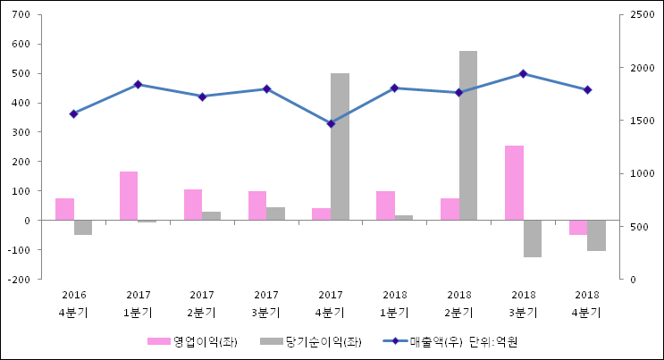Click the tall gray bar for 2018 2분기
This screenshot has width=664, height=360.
pos(468,136)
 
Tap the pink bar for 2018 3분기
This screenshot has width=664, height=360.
pos(514,183)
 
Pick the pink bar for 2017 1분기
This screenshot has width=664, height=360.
pos(129,196)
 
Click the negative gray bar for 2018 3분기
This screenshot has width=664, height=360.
pos(533,239)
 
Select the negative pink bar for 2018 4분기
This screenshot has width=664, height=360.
pos(578,227)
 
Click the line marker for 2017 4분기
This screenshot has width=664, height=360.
pos(331,123)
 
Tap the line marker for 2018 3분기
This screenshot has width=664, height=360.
pos(524,74)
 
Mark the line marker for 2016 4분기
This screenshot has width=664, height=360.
pos(73,113)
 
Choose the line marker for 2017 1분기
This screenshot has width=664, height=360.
pos(138,85)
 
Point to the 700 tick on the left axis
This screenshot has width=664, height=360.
pos(22,15)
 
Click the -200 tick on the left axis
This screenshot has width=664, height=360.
pos(20,279)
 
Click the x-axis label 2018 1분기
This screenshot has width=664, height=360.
pos(395,304)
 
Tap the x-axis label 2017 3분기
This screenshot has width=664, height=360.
pos(266,304)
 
